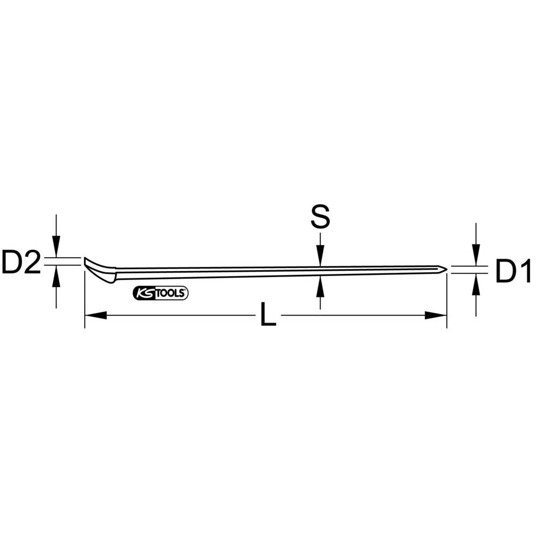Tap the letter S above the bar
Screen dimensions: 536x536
[320, 218]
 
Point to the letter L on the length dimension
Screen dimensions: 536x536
[267, 316]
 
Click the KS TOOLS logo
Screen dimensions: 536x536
[160, 293]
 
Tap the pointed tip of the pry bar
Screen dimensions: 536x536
[445, 270]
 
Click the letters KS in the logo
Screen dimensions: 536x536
[144, 293]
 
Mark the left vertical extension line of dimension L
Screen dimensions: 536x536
[85, 300]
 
